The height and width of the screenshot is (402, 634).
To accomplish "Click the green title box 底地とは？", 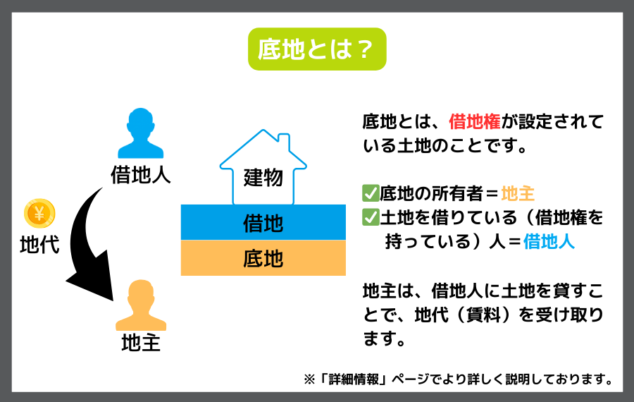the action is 317,49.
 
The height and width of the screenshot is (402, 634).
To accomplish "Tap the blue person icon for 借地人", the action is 141,133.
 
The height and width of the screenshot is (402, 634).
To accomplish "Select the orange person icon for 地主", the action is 141,305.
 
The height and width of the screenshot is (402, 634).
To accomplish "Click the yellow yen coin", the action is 39,213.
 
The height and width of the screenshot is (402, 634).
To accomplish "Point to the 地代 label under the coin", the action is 39,245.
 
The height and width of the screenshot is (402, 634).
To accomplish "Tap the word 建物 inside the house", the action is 263,177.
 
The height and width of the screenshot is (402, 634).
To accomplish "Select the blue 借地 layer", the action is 263,222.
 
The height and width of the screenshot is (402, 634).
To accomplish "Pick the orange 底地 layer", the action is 263,258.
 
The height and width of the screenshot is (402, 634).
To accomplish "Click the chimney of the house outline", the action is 284,141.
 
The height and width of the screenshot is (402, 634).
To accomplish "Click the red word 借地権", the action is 475,121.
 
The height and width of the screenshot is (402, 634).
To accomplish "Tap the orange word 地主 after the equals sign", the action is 518,193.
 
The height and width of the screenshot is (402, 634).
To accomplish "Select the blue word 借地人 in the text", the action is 549,242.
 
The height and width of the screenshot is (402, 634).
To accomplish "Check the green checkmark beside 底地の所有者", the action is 371,193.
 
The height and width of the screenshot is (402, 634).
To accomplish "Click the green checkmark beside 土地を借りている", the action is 371,217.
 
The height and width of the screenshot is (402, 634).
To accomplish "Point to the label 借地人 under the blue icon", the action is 141,175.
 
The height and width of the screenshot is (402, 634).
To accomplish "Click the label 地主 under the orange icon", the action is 141,343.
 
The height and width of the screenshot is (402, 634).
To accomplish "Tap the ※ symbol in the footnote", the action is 309,379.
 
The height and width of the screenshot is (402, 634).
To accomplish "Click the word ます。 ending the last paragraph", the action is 384,339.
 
